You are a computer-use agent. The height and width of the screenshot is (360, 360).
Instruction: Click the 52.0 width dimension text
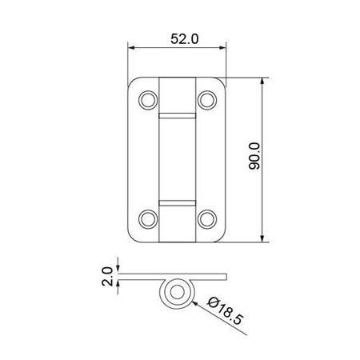pos(178,37)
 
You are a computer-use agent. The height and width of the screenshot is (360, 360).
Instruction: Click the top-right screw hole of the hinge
pos(207,98)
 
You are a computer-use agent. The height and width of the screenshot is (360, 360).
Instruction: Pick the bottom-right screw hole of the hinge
pos(207,218)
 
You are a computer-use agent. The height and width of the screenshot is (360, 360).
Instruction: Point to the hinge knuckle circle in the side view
pos(176,293)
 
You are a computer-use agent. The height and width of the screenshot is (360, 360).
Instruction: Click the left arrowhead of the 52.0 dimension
pos(132,49)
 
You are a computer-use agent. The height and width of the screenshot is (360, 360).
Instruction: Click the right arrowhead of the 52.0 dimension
pos(223,49)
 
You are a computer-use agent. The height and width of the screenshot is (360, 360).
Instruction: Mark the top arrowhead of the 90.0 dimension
pos(264,82)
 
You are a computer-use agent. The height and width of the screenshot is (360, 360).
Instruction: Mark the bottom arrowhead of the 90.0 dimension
pos(264,237)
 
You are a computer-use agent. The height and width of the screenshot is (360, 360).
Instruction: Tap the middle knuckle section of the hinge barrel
pos(177,158)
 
